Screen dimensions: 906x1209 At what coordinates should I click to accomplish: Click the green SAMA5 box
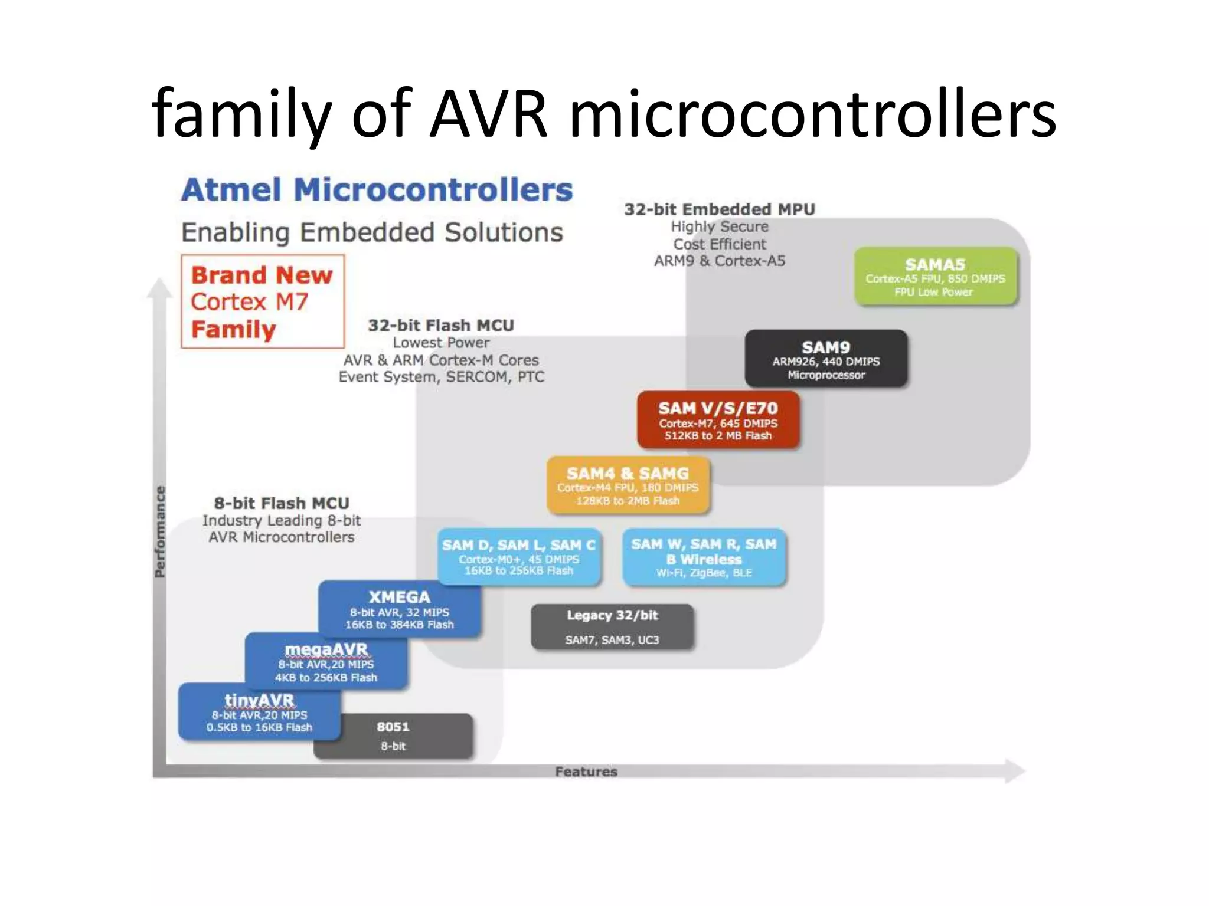936,277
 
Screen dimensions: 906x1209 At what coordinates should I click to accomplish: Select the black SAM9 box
826,359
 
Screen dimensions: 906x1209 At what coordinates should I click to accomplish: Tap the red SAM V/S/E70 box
718,421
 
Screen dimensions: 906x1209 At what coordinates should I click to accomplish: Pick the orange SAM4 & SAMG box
628,485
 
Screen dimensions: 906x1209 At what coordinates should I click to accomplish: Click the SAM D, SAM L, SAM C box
518,557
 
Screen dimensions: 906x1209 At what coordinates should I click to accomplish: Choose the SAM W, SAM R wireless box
704,557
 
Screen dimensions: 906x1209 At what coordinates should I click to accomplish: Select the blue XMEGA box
400,609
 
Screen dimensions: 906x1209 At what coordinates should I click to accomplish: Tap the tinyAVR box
259,712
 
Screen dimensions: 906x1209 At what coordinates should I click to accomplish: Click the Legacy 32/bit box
612,627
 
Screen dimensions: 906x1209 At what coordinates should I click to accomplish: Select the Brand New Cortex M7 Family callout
262,301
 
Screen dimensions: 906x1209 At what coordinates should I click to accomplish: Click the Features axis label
586,772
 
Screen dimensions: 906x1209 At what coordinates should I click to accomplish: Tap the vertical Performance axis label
159,531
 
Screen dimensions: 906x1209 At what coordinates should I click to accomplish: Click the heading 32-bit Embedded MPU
720,209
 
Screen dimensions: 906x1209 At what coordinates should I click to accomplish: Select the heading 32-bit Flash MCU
440,326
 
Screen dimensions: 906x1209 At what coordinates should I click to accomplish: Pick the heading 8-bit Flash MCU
282,503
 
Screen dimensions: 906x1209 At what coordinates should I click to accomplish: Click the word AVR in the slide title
488,113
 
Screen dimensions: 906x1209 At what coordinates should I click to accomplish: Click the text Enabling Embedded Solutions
372,232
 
